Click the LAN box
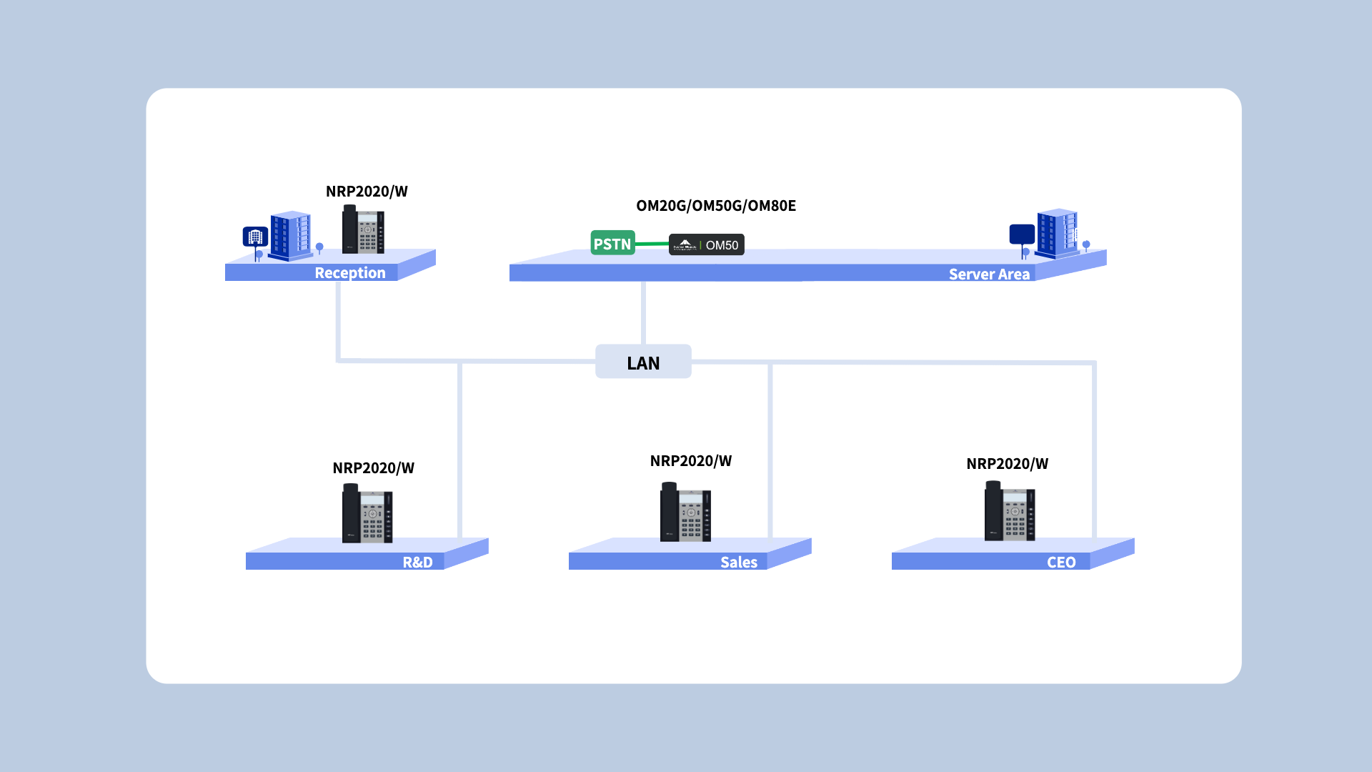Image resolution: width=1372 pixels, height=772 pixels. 643,362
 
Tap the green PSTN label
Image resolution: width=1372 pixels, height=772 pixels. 612,244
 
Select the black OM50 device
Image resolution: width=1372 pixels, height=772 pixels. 707,245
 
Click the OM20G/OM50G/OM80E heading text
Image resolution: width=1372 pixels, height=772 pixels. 715,206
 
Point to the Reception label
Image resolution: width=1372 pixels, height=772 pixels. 349,273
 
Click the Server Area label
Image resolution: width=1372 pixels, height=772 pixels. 989,274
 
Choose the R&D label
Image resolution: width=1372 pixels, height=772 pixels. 417,563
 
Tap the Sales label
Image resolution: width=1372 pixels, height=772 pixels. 738,563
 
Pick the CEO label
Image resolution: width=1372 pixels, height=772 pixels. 1061,563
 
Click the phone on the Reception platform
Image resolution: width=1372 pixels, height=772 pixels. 363,229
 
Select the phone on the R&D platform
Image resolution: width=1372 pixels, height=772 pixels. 367,513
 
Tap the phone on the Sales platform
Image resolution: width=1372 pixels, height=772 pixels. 685,512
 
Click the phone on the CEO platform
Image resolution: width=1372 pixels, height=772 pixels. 1010,511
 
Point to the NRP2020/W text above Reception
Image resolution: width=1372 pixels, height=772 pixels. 367,192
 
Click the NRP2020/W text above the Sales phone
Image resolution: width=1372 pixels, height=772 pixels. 690,461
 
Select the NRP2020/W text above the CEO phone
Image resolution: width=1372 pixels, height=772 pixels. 1007,464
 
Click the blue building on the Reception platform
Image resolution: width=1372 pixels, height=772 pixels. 290,235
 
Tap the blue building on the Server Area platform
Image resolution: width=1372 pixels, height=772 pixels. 1057,232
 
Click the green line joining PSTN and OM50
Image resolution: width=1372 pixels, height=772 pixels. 652,244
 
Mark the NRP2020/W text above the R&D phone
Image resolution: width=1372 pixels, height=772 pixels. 373,468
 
